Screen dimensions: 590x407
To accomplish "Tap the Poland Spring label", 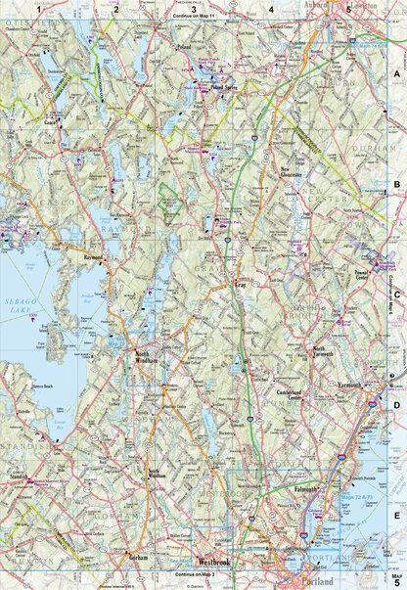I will tap(226, 87).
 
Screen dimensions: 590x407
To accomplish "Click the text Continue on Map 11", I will tap(197, 17).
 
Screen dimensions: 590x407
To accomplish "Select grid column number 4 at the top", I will tap(271, 8).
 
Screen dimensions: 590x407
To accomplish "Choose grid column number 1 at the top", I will tap(39, 8).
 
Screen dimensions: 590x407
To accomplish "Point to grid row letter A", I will tap(397, 73).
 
